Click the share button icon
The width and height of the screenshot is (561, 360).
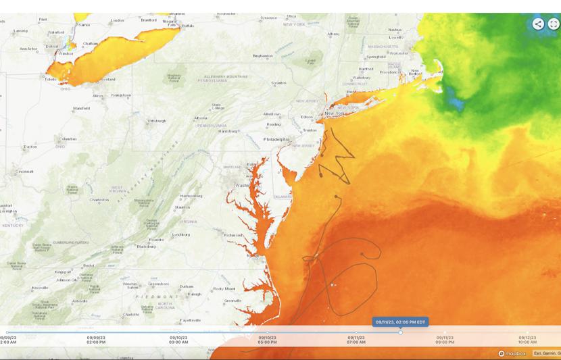point(538,24)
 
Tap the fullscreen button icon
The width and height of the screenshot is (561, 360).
point(554,24)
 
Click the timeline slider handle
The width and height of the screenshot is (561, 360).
point(401,332)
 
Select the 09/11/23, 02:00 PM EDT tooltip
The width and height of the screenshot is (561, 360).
point(401,322)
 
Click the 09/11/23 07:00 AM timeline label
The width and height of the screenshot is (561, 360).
point(356,340)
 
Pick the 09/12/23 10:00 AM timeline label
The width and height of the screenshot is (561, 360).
point(527,340)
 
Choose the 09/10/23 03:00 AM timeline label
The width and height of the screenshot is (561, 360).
point(178,340)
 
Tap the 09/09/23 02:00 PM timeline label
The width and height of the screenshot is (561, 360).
point(96,340)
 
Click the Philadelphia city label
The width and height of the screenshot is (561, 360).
point(276,139)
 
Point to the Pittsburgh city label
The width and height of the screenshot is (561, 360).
point(157,121)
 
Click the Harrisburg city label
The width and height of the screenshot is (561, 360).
point(228,131)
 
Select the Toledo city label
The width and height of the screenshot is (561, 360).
point(50,79)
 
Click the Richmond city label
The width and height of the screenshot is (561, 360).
point(234,235)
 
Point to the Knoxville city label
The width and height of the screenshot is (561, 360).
point(40,288)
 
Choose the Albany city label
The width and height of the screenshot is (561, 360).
point(333,34)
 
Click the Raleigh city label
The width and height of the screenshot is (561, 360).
point(195,294)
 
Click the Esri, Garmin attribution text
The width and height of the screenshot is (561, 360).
point(546,353)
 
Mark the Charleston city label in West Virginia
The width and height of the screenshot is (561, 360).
point(99,199)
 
